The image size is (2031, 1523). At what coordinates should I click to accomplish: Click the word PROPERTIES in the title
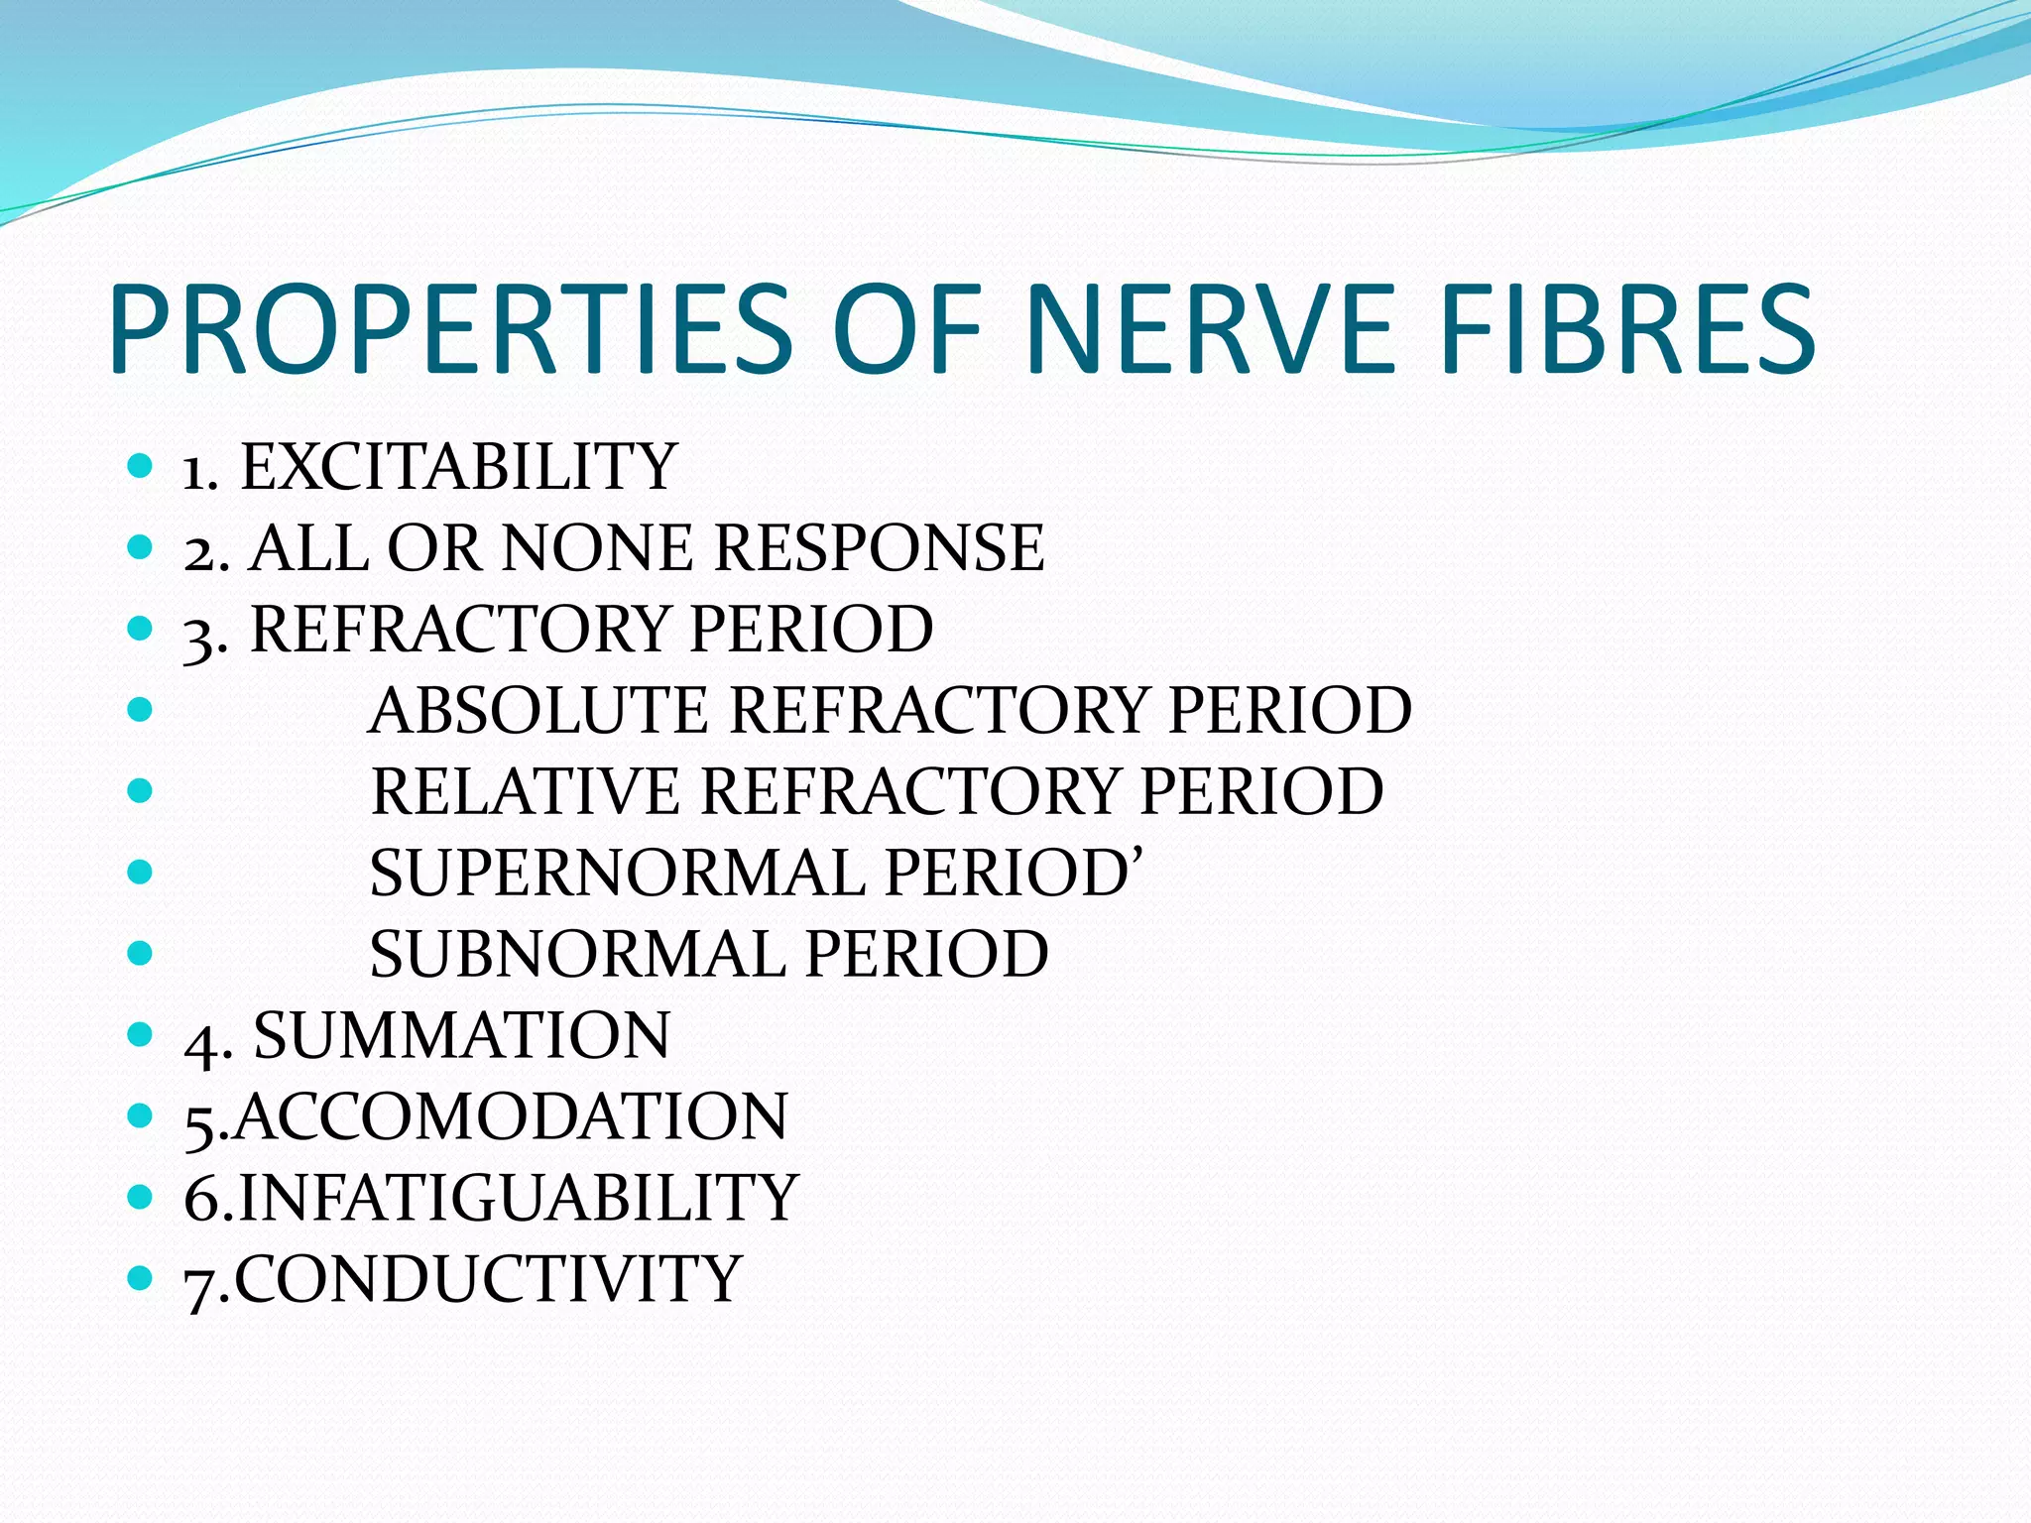[451, 329]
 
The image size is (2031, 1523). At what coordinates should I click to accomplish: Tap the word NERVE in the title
[1210, 329]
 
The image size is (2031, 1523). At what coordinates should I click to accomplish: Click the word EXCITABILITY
[459, 467]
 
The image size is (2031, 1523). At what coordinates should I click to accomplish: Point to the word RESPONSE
[879, 548]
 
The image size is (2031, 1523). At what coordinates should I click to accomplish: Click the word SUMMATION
[462, 1036]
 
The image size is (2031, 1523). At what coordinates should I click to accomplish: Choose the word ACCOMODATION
[511, 1117]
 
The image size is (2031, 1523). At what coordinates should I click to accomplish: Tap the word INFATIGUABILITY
[518, 1199]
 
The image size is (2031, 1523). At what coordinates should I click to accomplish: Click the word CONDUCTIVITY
[488, 1279]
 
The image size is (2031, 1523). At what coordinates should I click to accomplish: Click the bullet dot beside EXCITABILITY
[141, 465]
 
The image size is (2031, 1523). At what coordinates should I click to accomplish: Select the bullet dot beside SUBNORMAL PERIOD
[141, 953]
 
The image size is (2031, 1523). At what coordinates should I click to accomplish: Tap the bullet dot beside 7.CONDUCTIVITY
[141, 1277]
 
